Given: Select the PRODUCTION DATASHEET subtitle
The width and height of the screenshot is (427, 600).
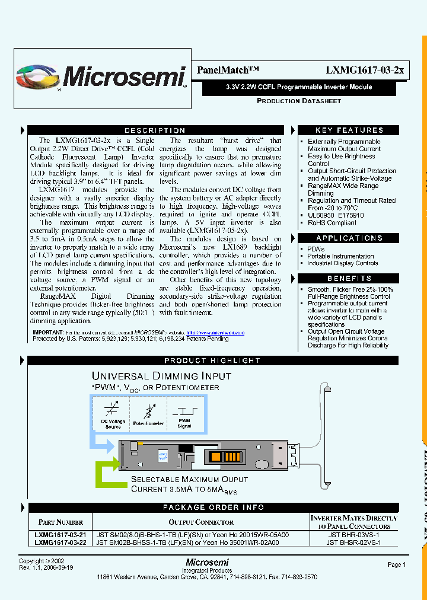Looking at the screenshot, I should tap(298, 101).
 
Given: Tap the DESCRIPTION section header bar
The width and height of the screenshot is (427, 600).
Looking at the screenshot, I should tap(155, 130).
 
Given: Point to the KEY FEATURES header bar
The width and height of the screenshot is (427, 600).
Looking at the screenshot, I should tap(349, 130).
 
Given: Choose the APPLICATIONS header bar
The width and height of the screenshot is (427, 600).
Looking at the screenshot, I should tap(349, 238).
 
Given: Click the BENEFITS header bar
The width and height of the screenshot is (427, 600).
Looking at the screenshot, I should tap(349, 278).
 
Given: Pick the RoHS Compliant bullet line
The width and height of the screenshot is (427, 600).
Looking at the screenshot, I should tap(332, 223).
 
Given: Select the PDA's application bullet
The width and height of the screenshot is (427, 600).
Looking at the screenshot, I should tap(316, 249).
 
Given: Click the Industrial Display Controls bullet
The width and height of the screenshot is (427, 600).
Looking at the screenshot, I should tap(342, 263).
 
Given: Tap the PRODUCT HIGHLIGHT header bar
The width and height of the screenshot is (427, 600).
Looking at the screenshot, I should tap(212, 360).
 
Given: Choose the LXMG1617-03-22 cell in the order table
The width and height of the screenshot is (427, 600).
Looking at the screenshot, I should tap(60, 542).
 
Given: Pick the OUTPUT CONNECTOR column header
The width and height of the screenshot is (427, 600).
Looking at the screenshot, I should tap(201, 522).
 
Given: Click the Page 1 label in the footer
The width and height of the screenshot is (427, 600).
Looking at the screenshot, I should tap(396, 565).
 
